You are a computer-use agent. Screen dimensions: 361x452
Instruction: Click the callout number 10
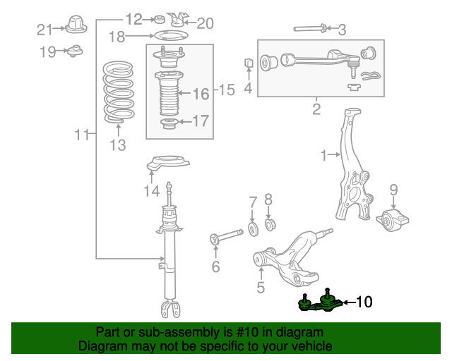363,302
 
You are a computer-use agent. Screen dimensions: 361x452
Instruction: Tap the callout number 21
44,30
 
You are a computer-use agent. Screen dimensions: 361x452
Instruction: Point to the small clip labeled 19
74,51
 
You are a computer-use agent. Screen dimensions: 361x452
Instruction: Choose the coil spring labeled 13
118,92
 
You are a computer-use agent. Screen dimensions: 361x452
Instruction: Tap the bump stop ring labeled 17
169,125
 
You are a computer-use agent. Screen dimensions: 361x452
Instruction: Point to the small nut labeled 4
248,64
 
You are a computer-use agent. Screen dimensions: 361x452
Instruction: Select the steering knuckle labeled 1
350,166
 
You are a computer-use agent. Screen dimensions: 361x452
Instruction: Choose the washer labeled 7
253,228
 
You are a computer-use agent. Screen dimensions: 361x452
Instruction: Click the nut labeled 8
268,225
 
